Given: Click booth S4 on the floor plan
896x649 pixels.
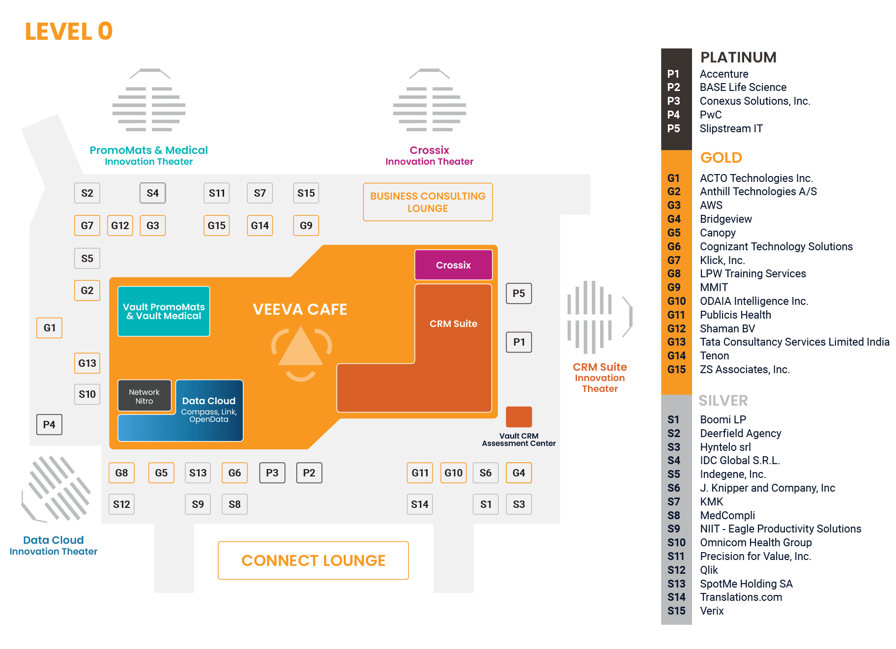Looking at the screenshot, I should point(152,193).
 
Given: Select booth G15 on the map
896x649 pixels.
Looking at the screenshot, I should point(216,226).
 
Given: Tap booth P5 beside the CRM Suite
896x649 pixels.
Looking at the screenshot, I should point(519,294).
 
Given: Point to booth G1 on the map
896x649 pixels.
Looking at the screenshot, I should point(49,328).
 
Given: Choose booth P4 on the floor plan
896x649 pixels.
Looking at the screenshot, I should point(49,425).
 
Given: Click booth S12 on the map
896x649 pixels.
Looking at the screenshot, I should point(121,504).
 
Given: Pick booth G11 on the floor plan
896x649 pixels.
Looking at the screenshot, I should point(420,473).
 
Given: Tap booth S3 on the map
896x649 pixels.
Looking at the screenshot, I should point(519,504).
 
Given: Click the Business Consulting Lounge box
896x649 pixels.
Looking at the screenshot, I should point(428,202).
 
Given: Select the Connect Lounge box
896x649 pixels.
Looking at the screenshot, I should point(313,560).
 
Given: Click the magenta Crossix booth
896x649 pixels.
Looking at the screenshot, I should point(453,265).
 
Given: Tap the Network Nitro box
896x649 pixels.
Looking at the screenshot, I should point(144,396).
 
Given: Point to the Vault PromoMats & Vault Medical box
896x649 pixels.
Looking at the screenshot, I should point(164,312).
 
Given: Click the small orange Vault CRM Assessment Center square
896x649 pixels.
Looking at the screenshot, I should point(519,417).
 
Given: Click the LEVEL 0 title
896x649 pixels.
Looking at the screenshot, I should point(69,32).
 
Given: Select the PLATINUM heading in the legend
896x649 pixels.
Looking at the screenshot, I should point(738,58).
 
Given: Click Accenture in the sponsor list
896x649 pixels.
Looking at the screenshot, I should point(723,74).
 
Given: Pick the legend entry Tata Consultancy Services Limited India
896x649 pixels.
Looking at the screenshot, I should point(794,342).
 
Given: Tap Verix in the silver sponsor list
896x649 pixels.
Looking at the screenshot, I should point(712,611).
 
